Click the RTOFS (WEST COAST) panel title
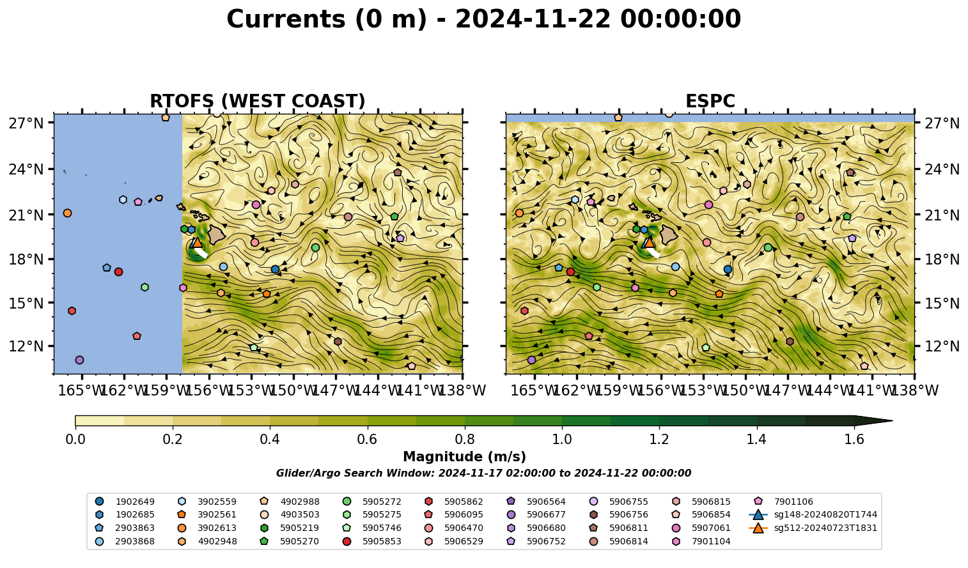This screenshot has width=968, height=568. [x=258, y=101]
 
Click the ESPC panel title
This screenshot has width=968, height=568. [x=710, y=101]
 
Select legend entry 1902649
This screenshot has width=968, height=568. [x=125, y=502]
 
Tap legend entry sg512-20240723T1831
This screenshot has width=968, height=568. [x=813, y=528]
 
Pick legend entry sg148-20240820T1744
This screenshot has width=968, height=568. [x=813, y=514]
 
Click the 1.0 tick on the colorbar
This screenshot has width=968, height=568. [x=562, y=440]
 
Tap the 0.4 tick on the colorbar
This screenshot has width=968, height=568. [x=270, y=440]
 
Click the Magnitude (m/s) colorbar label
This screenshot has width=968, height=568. [x=465, y=457]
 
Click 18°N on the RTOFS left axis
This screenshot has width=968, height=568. [x=26, y=259]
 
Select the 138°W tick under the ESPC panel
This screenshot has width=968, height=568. [x=914, y=390]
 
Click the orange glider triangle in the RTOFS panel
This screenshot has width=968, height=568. [x=198, y=242]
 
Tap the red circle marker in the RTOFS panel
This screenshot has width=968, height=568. [x=118, y=272]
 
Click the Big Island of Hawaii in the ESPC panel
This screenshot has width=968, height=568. [x=669, y=234]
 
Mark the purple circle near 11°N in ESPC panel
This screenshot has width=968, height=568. [x=531, y=360]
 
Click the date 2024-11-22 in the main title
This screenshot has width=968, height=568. [x=533, y=19]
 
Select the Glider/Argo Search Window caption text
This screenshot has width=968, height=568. [x=483, y=473]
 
